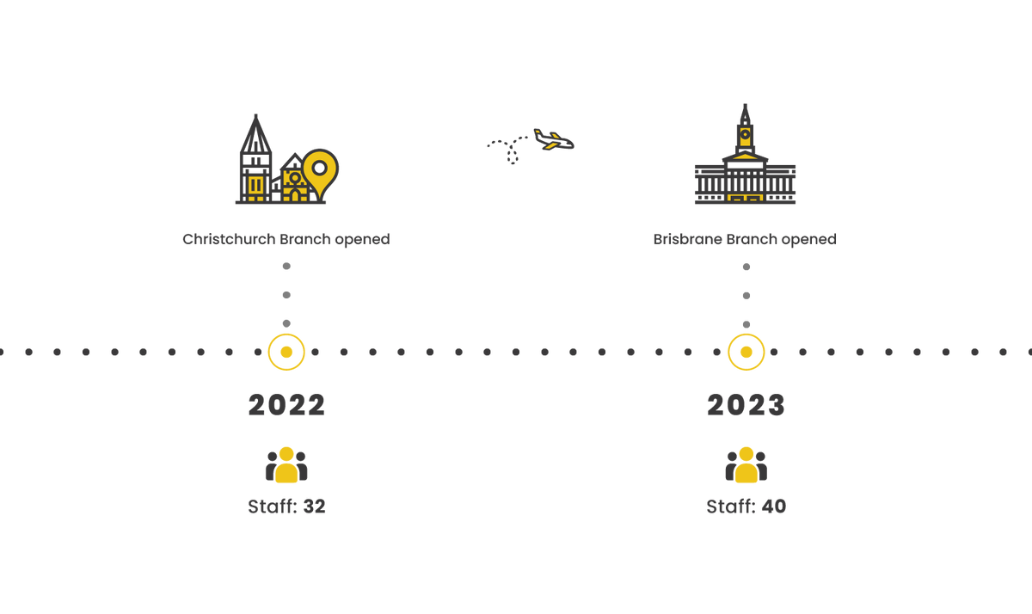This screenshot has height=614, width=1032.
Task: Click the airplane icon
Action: (x=554, y=139)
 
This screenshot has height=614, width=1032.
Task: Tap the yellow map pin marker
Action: (x=321, y=174)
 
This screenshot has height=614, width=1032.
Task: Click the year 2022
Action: (x=286, y=405)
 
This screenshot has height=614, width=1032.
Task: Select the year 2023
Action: (x=746, y=405)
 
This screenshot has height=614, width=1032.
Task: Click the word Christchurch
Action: (x=229, y=239)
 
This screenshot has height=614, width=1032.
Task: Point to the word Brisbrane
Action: (x=687, y=239)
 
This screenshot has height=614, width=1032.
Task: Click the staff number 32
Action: (x=314, y=507)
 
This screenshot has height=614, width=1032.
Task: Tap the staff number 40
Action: (x=774, y=507)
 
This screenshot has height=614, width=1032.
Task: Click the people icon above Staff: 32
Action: (x=286, y=464)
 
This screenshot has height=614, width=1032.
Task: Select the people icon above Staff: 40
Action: (x=746, y=464)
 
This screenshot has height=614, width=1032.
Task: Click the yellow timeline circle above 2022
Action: (x=286, y=352)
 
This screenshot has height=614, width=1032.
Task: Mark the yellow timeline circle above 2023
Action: (x=746, y=352)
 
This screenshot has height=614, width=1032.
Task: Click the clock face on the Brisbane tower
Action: (x=745, y=135)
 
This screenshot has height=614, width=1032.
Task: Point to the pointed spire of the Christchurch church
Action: (x=255, y=133)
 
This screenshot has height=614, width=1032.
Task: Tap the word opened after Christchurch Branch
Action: (x=362, y=240)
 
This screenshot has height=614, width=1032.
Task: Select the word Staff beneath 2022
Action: (x=273, y=507)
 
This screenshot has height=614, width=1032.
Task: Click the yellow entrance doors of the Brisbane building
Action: (x=745, y=198)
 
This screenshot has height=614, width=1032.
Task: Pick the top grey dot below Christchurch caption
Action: (x=286, y=266)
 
